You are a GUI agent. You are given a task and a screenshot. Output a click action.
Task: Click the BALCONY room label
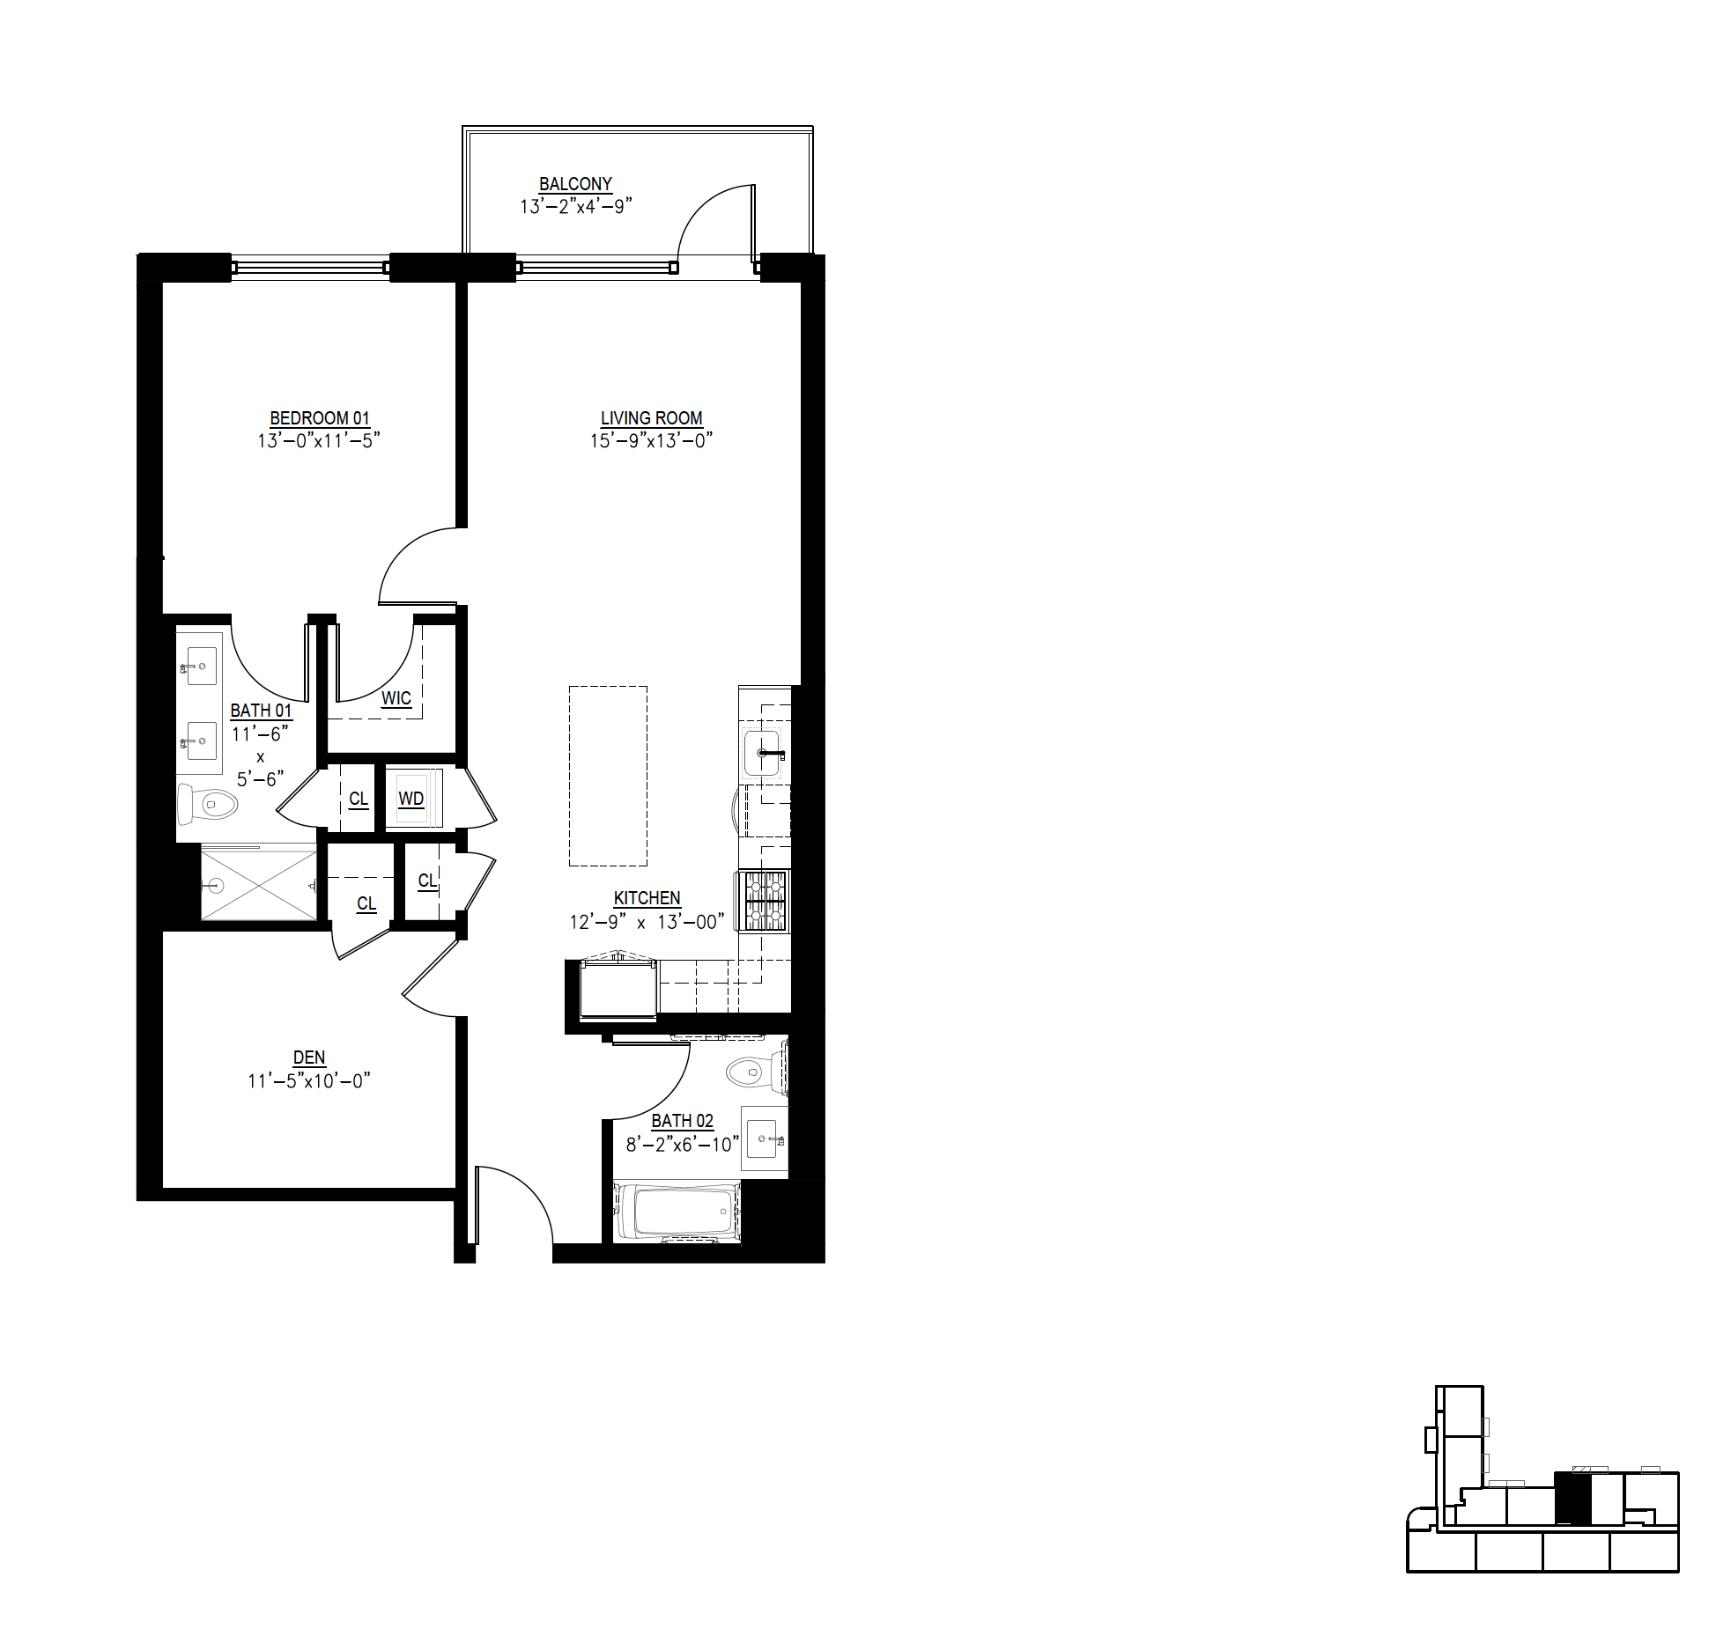(x=575, y=184)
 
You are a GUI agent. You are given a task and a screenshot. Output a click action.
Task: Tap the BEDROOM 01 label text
(x=320, y=418)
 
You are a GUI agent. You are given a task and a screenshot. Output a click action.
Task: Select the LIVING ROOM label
(x=652, y=418)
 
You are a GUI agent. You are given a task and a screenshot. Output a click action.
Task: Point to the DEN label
(x=309, y=1058)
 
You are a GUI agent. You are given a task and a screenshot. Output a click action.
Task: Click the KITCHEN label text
(x=647, y=898)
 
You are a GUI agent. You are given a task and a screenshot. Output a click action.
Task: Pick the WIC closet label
(x=396, y=698)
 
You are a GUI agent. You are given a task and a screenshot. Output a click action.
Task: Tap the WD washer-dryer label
(x=411, y=799)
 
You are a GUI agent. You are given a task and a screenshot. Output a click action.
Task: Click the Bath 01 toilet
(x=208, y=802)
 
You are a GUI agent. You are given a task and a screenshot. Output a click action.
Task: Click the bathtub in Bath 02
(x=677, y=1212)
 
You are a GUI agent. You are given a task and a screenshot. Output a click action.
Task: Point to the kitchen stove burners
(x=766, y=900)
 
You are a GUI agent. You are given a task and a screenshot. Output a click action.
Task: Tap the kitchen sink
(x=762, y=753)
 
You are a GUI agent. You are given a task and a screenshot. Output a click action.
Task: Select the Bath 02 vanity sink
(x=764, y=1140)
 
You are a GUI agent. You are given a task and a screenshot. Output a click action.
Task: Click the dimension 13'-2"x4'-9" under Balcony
(x=576, y=207)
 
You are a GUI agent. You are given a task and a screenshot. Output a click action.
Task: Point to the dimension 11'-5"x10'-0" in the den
(x=308, y=1080)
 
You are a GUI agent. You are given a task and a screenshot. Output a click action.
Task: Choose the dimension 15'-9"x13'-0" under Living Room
(x=651, y=440)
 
